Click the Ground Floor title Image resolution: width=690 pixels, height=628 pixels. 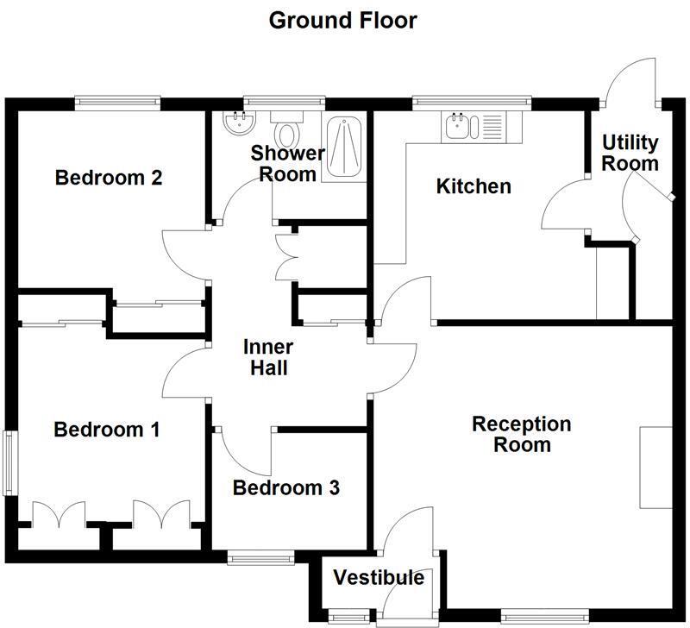coord(343,20)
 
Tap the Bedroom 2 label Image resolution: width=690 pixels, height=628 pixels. coord(109,178)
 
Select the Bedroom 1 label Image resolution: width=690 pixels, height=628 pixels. coord(106,430)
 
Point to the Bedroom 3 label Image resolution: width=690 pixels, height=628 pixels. coord(286,488)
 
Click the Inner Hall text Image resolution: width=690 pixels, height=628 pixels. coord(267,357)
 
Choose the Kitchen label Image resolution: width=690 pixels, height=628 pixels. coord(474,186)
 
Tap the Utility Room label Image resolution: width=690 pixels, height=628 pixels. coord(630,152)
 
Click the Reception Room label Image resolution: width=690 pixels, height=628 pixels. coord(521,434)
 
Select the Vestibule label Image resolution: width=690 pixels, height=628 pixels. coord(379,577)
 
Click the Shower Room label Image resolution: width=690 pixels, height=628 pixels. coord(288,163)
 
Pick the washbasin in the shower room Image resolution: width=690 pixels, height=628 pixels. coord(235,125)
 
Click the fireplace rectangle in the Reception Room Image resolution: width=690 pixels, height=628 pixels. coord(655,468)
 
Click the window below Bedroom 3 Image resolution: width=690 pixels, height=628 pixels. coord(261,559)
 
